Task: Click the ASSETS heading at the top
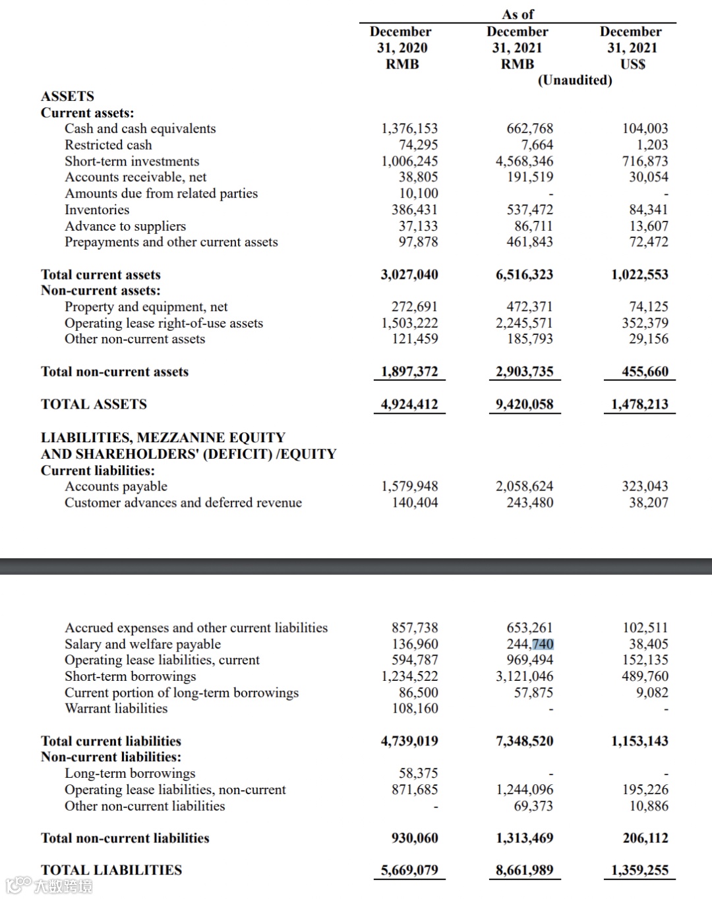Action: (67, 96)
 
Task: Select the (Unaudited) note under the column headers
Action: (575, 80)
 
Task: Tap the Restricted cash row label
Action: (108, 145)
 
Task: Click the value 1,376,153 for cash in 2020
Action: (409, 129)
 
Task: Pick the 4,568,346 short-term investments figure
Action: (524, 161)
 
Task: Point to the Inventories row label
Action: (97, 210)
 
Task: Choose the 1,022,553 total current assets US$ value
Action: (639, 275)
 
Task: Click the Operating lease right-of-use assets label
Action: (163, 323)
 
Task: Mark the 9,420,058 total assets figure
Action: (524, 404)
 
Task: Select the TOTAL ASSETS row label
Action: (94, 404)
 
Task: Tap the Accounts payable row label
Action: (116, 486)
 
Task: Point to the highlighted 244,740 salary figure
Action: (529, 644)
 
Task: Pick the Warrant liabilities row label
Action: (116, 709)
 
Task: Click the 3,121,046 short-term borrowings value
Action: (524, 676)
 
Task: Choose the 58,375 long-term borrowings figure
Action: (418, 773)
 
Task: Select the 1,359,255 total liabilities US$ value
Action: (639, 870)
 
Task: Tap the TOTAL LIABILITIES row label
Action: (111, 870)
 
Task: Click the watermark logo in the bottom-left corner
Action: (49, 886)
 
